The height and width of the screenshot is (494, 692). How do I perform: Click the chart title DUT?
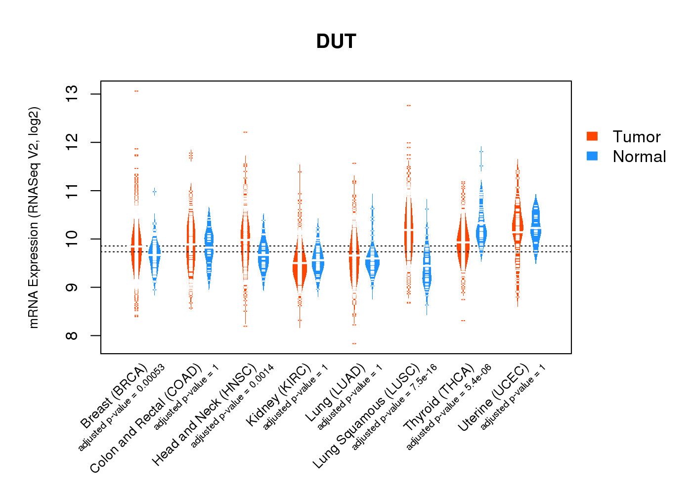(x=336, y=41)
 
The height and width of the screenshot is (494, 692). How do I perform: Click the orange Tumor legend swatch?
(x=592, y=136)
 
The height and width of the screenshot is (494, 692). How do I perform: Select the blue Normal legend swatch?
(x=592, y=156)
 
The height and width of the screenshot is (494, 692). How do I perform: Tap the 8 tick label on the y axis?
(x=72, y=336)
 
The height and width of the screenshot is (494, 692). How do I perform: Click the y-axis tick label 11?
(x=72, y=191)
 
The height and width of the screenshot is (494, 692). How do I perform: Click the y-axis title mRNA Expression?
(x=34, y=217)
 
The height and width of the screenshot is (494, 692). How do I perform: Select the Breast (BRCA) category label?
(x=114, y=396)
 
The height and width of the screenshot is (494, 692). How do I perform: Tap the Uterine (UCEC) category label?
(x=493, y=398)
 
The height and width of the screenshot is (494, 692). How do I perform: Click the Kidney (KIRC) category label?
(x=279, y=395)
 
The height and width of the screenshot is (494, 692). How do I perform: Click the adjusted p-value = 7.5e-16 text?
(x=394, y=407)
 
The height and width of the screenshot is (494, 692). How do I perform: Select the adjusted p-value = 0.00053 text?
(x=122, y=408)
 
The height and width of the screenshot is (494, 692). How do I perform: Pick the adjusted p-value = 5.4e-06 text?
(x=449, y=407)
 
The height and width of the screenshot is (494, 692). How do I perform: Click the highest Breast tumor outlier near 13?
(x=136, y=91)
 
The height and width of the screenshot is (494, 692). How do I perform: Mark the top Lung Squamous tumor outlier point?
(x=409, y=105)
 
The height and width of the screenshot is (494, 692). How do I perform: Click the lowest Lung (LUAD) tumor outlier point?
(x=354, y=343)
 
